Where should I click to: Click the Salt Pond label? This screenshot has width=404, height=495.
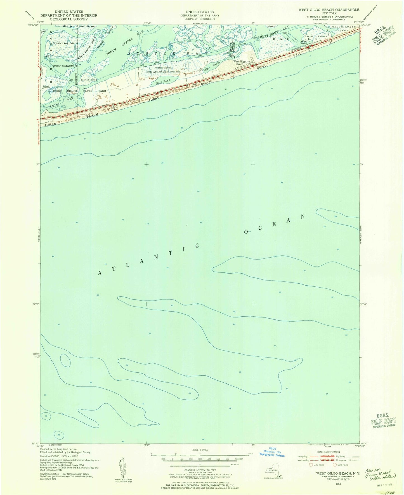165,81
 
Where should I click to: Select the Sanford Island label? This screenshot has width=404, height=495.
89,80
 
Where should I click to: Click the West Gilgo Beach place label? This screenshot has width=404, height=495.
240,63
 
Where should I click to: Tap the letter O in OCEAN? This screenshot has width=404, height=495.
246,232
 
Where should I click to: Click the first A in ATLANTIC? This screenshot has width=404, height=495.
100,273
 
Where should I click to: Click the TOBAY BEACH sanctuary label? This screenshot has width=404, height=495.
164,68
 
